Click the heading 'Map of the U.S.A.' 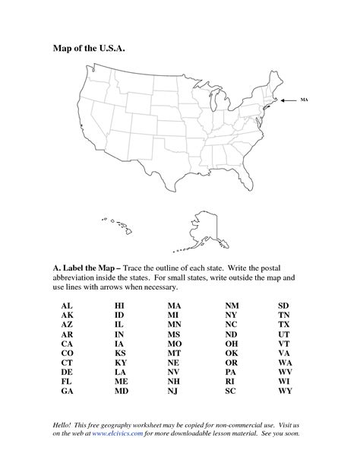86,48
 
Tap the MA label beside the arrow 304,100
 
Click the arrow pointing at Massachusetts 289,100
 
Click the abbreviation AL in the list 66,304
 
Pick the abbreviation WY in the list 285,392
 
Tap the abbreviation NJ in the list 173,392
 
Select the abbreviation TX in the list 285,324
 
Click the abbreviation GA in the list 66,392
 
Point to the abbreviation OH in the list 232,343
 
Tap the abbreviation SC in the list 231,392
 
